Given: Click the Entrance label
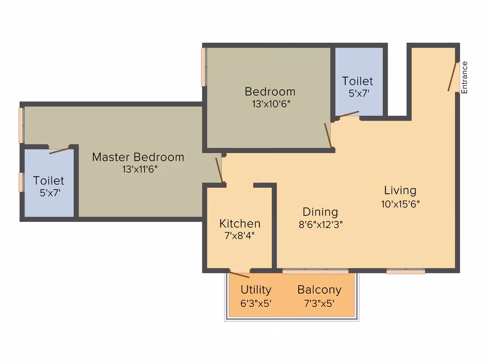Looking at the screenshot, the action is pos(464,77).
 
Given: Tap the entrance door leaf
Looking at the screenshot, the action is pos(452,77).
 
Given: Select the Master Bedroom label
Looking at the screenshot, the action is pos(138,157).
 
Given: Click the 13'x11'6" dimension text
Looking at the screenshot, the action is pos(140,169).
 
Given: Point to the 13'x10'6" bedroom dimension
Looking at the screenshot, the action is pos(271,104).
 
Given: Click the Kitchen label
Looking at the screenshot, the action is pos(240,223).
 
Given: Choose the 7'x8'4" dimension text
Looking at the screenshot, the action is pos(240,236).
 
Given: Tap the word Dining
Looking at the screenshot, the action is pos(320,212).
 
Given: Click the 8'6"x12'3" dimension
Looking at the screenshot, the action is pos(321,224).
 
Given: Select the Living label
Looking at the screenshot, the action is pos(400,190).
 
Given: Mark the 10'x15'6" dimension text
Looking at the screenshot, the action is pos(400,204).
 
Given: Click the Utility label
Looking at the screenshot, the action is pos(256,290).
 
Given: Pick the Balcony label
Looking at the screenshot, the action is pos(319,290).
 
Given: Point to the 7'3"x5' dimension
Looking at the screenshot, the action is pos(319,303).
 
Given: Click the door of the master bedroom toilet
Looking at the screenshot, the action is pos(59,151).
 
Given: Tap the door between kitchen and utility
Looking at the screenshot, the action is pos(239,274).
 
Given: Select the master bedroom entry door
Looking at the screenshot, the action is pos(219,170).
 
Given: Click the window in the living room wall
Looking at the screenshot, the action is pos(406,271).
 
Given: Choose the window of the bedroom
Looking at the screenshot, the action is pos(204,67).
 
